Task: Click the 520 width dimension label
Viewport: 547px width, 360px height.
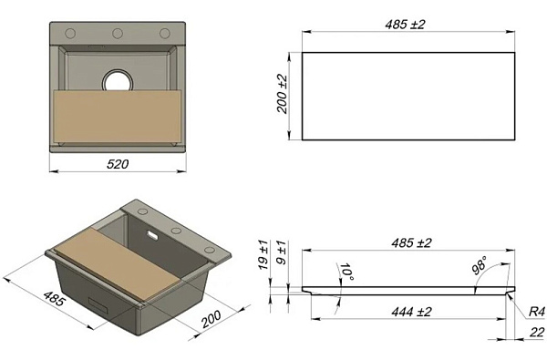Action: (x=118, y=164)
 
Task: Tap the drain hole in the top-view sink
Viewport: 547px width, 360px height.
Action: (x=118, y=82)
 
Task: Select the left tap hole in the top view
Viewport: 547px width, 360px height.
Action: (x=70, y=34)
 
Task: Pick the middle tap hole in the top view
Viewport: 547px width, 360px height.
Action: (x=118, y=34)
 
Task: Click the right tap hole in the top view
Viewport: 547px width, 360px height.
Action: (x=165, y=34)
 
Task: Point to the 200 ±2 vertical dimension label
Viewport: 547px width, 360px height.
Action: (x=282, y=94)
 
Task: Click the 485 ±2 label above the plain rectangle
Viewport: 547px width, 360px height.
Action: (x=405, y=25)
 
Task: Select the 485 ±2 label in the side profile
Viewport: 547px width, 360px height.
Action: (x=411, y=242)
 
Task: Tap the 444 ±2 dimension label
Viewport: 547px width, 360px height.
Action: (x=411, y=312)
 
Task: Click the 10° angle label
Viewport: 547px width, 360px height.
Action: (x=346, y=272)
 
